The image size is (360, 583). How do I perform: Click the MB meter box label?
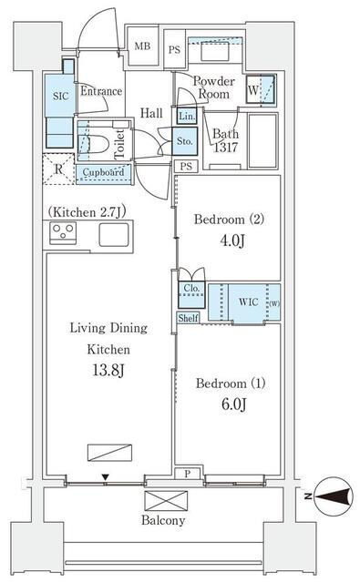coord(142,46)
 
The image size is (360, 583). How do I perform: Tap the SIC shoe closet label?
coord(61,97)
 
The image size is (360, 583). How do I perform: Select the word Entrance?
coord(101,91)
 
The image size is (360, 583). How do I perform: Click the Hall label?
coord(151,113)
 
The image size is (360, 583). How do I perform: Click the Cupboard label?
coord(103,172)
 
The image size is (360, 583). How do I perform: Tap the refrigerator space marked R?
coord(58,169)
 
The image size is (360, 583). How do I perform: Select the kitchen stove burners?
coord(63,233)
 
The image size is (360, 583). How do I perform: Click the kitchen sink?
coord(114,235)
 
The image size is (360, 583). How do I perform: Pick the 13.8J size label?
coord(108,371)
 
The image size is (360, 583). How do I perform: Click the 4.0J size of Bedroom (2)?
coord(232,240)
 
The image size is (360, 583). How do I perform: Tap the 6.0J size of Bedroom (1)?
coord(233,404)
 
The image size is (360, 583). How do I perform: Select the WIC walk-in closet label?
coord(249,302)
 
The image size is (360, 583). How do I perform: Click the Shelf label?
coord(188,318)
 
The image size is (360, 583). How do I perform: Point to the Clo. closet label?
coord(191,288)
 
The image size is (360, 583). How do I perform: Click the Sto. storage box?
coord(184,141)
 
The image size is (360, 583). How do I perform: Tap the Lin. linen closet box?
coord(187,117)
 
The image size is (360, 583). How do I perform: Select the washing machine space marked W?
coord(261,89)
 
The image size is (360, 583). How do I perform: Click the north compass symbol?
coord(334,496)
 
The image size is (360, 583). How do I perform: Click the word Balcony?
coord(163,520)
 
